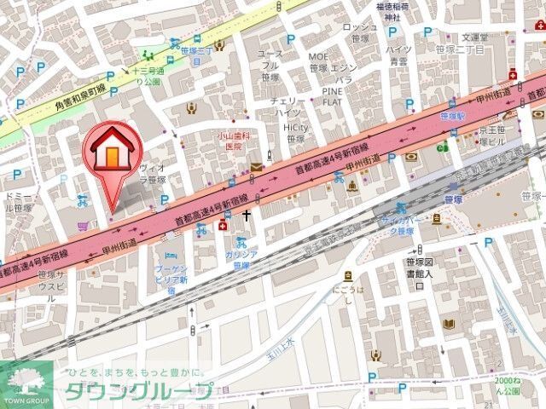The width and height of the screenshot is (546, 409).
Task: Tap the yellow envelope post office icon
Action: pos(256,170)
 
